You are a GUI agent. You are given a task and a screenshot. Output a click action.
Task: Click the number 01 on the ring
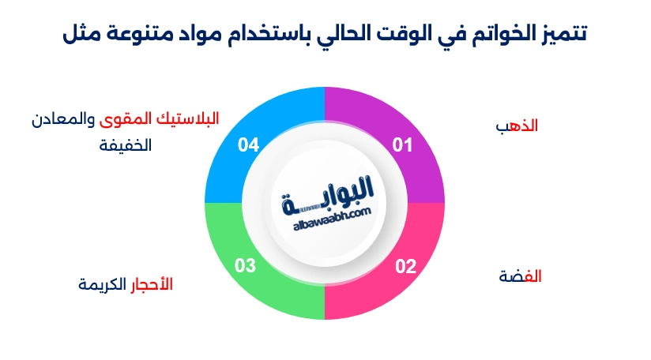coord(404,144)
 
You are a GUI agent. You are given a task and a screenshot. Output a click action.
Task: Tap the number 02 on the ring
coord(405,266)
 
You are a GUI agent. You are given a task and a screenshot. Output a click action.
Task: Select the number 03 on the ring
coord(246,266)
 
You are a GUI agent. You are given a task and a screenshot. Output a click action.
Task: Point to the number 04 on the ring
coord(248,144)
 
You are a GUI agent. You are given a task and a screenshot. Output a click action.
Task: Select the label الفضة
coord(521,276)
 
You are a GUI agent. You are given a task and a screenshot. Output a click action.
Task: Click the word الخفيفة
coord(126,146)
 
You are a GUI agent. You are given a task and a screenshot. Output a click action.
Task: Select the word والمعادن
coord(60,120)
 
